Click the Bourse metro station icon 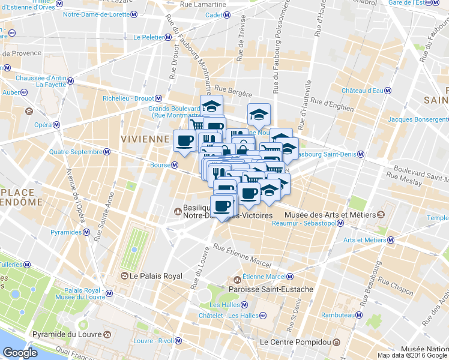175,165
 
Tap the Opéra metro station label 42,125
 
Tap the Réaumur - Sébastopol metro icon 340,223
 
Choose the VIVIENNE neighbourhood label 145,139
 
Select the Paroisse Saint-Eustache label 271,289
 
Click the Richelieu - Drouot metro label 128,98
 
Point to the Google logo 20,353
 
